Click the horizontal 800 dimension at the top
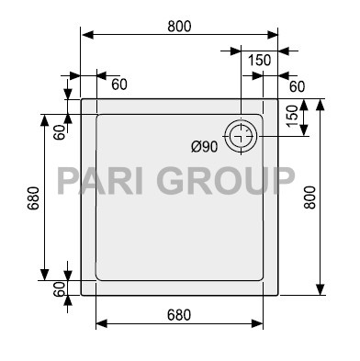[179, 26]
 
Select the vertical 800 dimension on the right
[309, 196]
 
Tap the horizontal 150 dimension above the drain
[259, 60]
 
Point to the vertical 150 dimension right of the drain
[292, 117]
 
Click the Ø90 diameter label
[204, 146]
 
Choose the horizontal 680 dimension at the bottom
[179, 314]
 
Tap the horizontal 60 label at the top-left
[119, 85]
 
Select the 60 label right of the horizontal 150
[297, 85]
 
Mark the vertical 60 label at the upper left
[58, 130]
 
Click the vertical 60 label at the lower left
[58, 288]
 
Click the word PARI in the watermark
[101, 179]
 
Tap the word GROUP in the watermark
[225, 179]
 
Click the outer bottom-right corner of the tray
[278, 295]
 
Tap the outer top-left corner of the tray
[82, 99]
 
